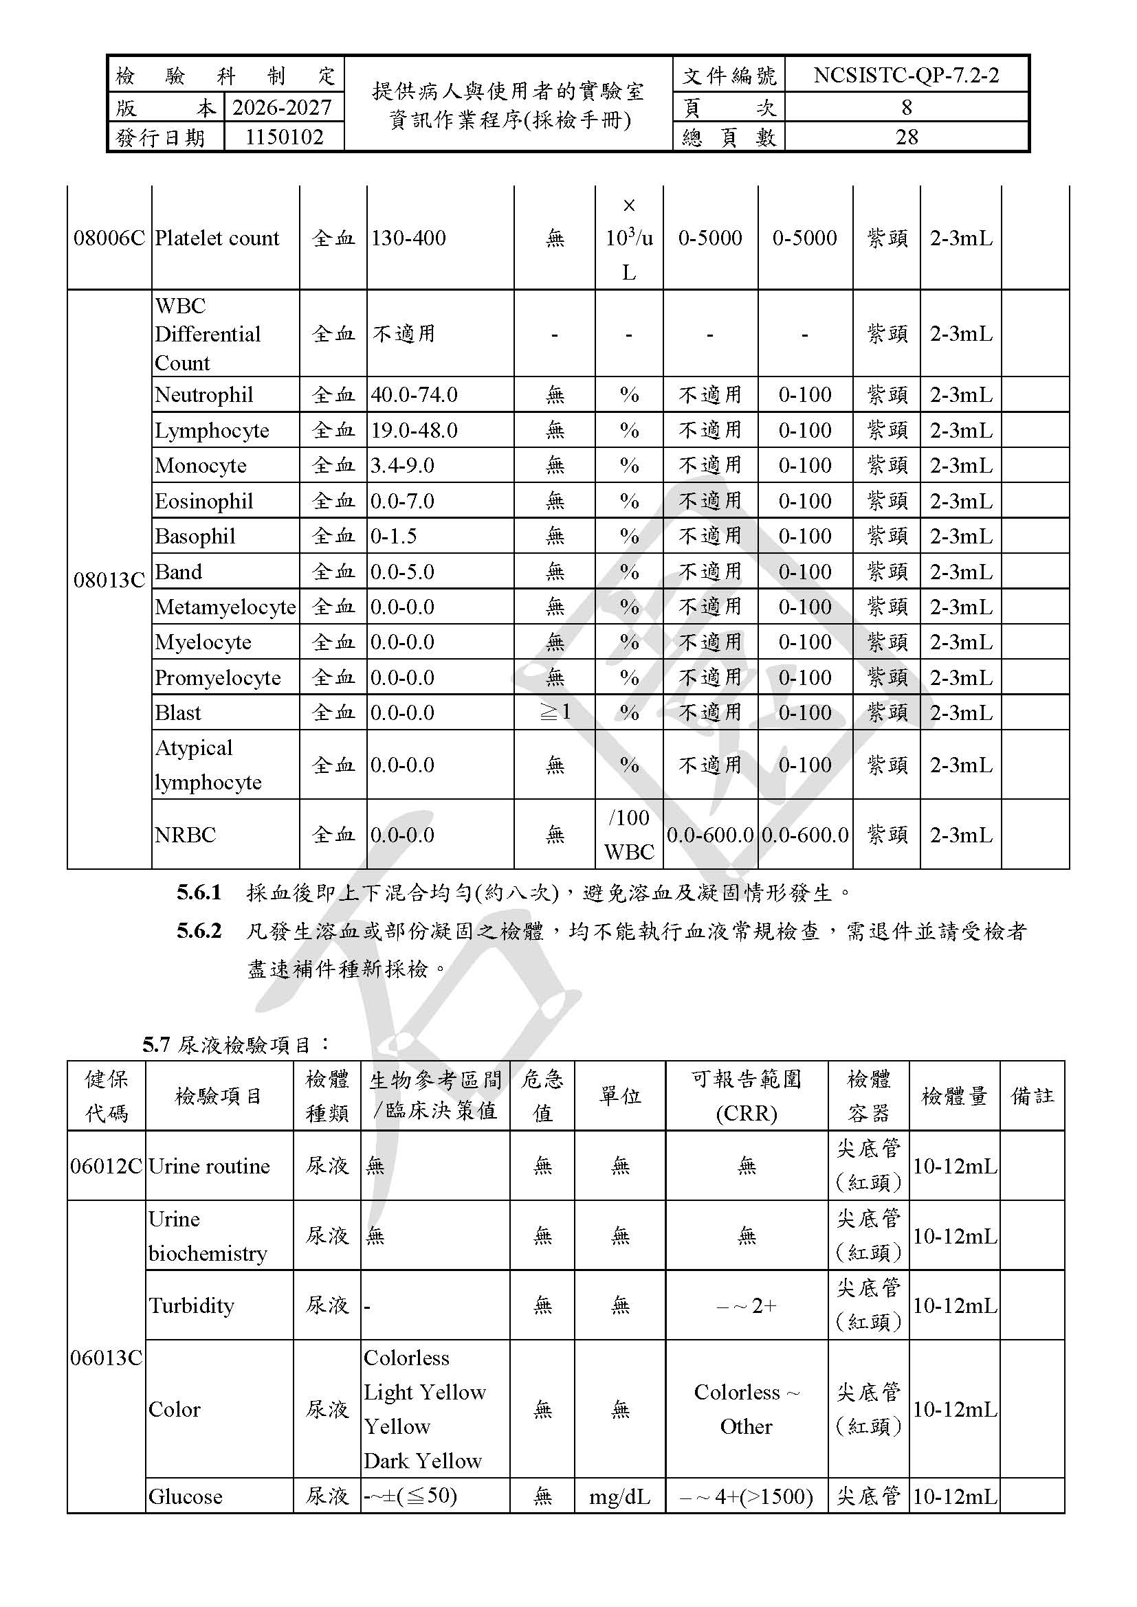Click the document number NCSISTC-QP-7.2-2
click(x=906, y=75)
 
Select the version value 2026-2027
click(x=281, y=107)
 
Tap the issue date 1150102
click(x=283, y=137)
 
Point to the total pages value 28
click(x=906, y=137)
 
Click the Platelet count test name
click(x=217, y=238)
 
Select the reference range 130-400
click(x=408, y=238)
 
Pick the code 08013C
click(x=109, y=581)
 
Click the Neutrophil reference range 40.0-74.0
click(x=414, y=395)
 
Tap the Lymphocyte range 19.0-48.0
click(x=414, y=431)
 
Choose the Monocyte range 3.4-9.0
click(x=402, y=465)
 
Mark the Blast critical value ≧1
click(x=555, y=712)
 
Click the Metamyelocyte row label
click(x=225, y=607)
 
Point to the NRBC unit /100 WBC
click(x=629, y=834)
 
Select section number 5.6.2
click(x=199, y=931)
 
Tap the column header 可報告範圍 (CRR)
click(x=746, y=1096)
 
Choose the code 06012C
click(x=106, y=1166)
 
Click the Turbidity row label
click(x=191, y=1305)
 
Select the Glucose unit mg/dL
click(x=619, y=1496)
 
